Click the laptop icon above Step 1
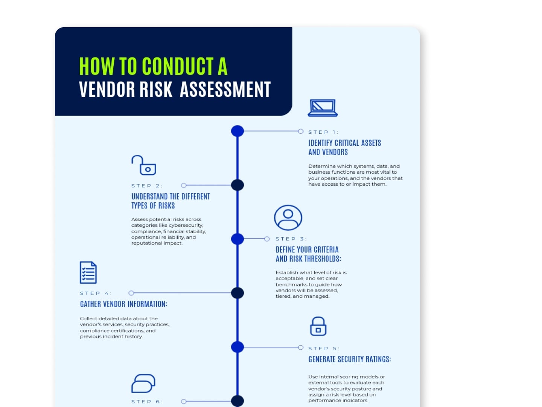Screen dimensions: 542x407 tap(323, 108)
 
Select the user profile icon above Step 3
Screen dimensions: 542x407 tap(288, 217)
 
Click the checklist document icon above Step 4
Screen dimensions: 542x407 tap(88, 272)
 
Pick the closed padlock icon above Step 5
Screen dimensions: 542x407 tap(318, 326)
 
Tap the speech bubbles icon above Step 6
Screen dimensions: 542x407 tap(143, 383)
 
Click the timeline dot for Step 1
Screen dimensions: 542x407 tap(237, 131)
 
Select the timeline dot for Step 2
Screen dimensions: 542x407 tap(237, 185)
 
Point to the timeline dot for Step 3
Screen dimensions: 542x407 tap(237, 239)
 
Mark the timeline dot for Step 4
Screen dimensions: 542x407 tap(237, 293)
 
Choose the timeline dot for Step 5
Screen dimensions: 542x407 tap(237, 347)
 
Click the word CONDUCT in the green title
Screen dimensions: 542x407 tap(178, 66)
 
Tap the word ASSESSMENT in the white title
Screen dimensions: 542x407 tap(225, 89)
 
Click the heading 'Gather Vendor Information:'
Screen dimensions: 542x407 tap(124, 304)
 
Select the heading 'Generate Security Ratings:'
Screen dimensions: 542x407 tap(350, 359)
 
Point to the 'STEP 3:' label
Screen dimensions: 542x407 tap(291, 239)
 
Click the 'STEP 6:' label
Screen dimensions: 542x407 tap(147, 402)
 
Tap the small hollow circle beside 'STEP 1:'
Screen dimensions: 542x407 tap(300, 131)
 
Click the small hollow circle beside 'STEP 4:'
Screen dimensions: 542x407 tap(131, 293)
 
